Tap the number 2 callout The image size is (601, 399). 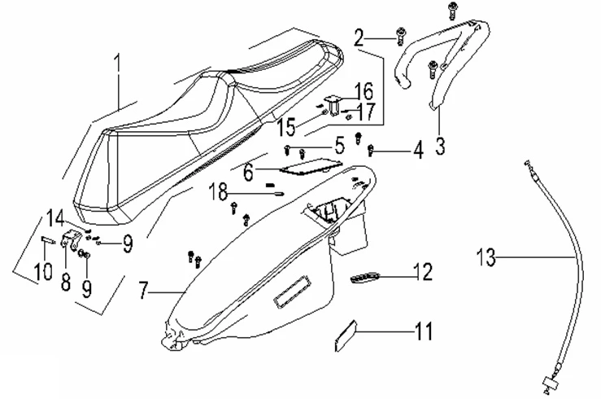coord(359,36)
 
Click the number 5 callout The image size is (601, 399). coord(361,146)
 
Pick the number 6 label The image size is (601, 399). coord(247,172)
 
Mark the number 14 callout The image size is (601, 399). coord(54,217)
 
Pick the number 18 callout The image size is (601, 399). coord(216,192)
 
